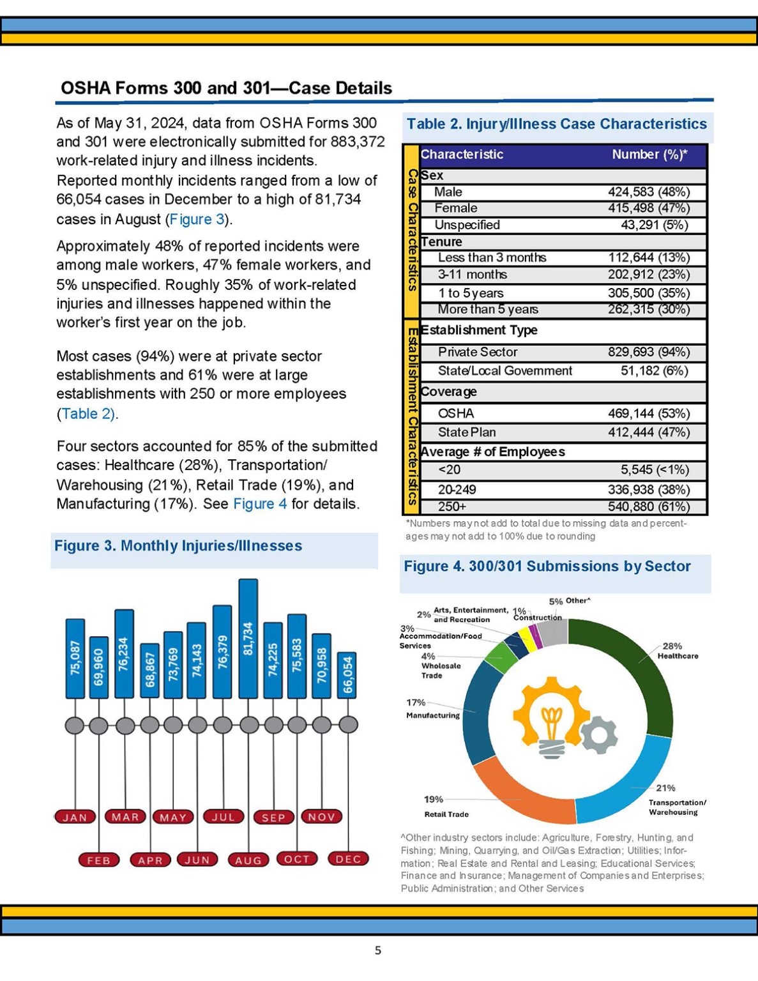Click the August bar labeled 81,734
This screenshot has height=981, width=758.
pos(248,639)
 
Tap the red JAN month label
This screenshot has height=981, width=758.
pos(75,817)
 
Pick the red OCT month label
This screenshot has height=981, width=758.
pos(297,859)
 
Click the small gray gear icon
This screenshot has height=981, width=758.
pos(600,734)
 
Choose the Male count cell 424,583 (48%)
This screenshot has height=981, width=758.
pos(648,192)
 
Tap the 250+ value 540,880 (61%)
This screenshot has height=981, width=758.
pos(648,506)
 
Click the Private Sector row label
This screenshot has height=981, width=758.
pos(478,352)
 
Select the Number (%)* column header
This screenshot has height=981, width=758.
pos(649,155)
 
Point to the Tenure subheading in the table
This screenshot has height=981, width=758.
pos(441,242)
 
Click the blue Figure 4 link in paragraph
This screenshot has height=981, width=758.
pos(260,504)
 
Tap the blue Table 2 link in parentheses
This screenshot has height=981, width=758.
pos(87,414)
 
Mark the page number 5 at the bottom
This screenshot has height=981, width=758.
pos(378,950)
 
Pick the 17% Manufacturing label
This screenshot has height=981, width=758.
pos(432,709)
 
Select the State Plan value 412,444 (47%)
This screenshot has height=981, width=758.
pos(648,432)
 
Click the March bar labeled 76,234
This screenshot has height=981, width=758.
pos(124,653)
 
